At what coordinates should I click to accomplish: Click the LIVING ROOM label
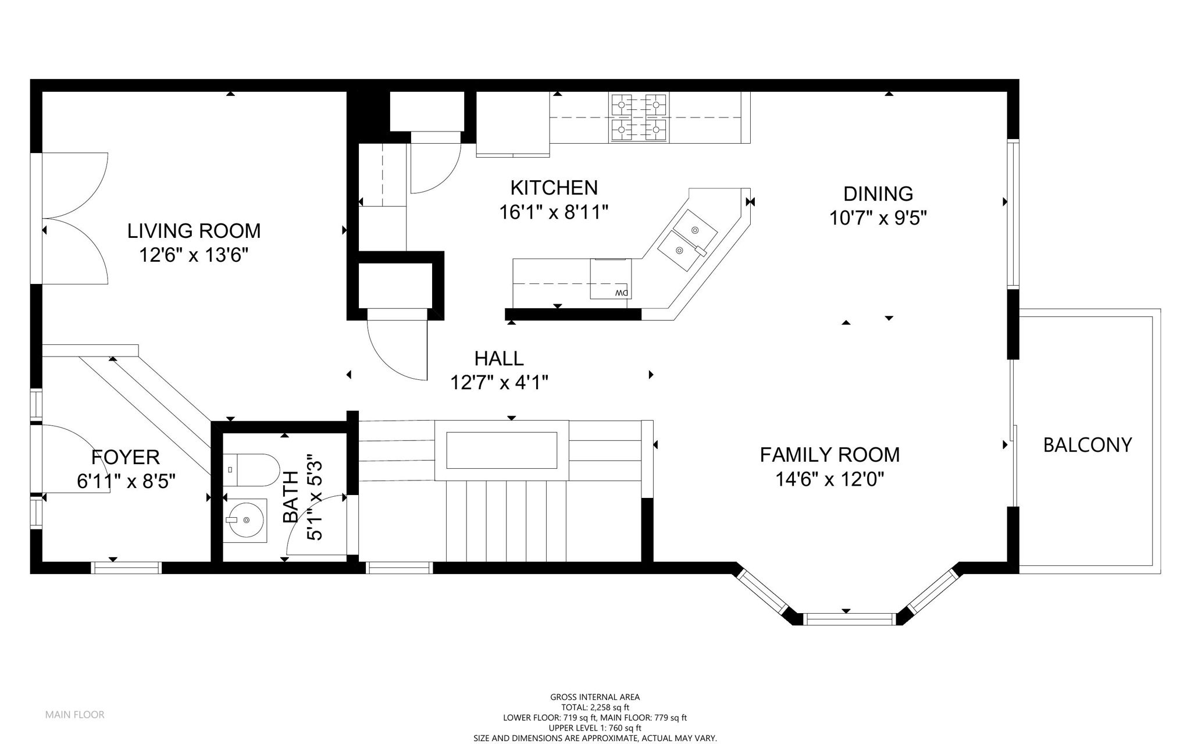point(194,231)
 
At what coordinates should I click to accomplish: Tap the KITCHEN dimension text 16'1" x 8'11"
point(554,212)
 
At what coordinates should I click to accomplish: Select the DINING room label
point(878,193)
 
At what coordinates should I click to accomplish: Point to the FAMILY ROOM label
point(830,454)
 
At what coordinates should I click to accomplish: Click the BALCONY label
point(1087,445)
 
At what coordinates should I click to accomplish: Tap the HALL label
point(499,358)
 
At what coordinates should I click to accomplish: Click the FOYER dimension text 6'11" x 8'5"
point(126,482)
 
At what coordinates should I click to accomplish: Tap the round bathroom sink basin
point(244,519)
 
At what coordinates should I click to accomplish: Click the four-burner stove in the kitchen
point(638,118)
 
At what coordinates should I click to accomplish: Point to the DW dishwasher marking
point(622,293)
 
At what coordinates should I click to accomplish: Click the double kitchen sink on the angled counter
point(687,241)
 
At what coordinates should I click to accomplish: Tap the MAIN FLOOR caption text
point(75,714)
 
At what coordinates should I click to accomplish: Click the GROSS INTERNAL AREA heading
point(595,697)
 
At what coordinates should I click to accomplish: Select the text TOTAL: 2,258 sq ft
point(595,707)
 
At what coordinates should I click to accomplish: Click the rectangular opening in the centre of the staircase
point(502,450)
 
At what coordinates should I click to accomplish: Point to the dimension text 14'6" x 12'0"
point(830,479)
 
